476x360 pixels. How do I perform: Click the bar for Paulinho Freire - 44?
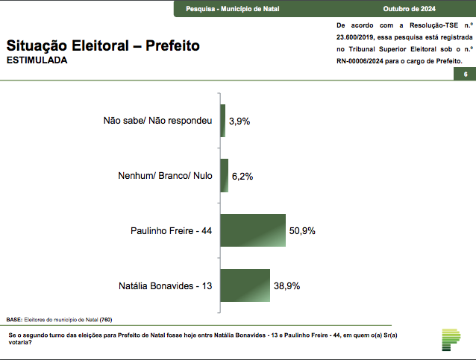click(x=253, y=231)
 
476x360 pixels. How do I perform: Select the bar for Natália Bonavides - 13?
click(x=245, y=285)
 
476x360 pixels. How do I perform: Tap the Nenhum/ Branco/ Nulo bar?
click(x=224, y=177)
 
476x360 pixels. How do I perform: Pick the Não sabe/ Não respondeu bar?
click(x=222, y=121)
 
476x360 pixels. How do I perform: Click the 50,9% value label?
click(x=302, y=231)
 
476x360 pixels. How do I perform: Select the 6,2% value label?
click(x=243, y=177)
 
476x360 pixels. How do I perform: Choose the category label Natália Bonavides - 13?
click(x=166, y=285)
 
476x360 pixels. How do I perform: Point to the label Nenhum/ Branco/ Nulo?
click(x=165, y=177)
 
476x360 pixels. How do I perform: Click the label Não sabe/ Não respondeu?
click(x=158, y=121)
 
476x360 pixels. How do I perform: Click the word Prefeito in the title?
click(x=172, y=45)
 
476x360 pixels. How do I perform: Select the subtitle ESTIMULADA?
click(x=37, y=60)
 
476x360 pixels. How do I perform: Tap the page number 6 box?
click(x=465, y=75)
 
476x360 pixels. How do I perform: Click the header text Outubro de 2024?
click(x=408, y=8)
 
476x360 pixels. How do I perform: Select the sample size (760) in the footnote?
click(x=106, y=319)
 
